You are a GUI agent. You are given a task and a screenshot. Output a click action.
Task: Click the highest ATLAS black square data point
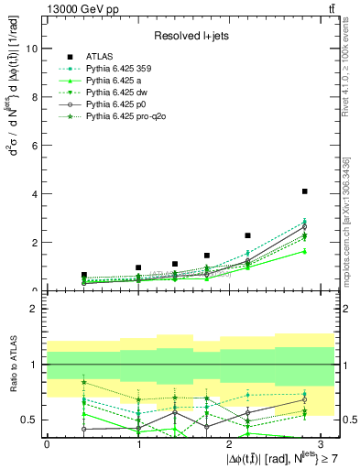click(x=304, y=191)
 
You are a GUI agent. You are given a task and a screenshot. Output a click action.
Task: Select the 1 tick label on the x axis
click(x=138, y=443)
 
